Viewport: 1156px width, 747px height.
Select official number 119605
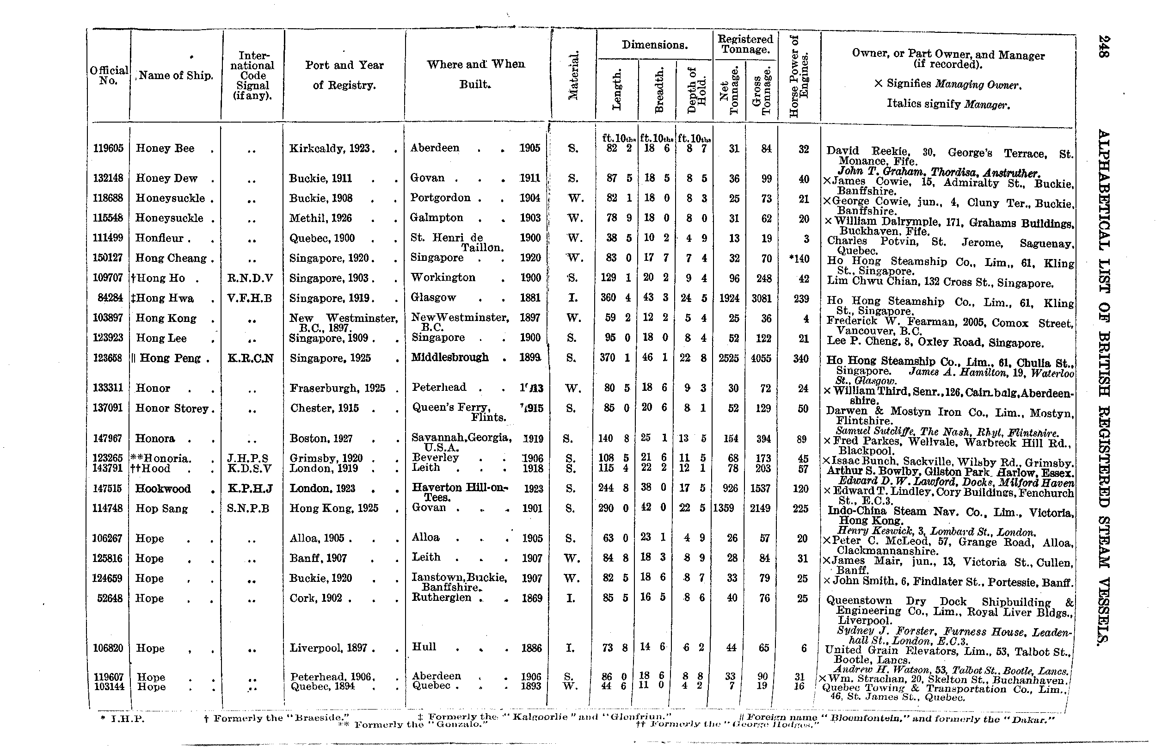tap(108, 148)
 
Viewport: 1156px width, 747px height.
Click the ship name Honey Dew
tap(166, 179)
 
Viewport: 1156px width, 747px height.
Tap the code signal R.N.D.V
tap(250, 278)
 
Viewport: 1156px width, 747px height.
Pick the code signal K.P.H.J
tap(250, 488)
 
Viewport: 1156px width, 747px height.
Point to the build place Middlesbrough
tap(449, 358)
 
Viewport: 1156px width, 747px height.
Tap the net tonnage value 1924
tap(729, 298)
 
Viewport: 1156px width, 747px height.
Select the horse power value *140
tap(799, 259)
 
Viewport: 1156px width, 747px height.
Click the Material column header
tap(573, 76)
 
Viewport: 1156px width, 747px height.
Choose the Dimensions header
tap(654, 45)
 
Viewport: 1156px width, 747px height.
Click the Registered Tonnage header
tap(745, 44)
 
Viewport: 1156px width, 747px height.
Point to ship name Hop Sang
tap(161, 509)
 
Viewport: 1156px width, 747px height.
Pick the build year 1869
tap(531, 598)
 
